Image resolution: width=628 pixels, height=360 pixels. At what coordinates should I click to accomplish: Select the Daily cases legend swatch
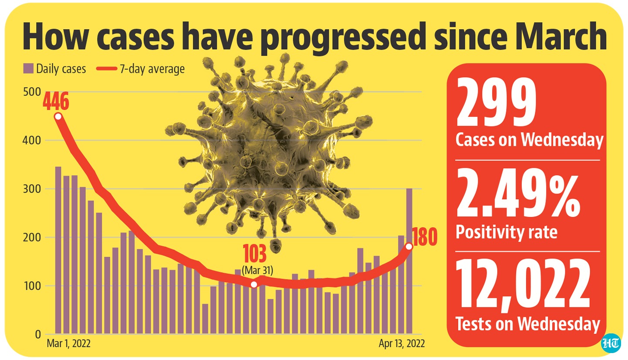click(x=29, y=68)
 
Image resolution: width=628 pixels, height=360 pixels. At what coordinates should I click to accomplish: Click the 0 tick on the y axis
click(x=38, y=335)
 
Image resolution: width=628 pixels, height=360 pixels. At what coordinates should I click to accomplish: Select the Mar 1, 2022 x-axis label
click(x=68, y=344)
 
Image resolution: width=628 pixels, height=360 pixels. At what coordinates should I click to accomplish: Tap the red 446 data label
click(x=56, y=103)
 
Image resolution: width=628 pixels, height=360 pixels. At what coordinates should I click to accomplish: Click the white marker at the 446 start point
click(x=58, y=117)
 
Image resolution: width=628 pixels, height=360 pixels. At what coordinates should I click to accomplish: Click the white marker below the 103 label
click(x=254, y=285)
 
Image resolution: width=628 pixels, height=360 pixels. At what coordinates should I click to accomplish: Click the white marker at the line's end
click(x=409, y=247)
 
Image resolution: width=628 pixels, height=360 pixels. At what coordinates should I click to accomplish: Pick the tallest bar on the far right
click(x=409, y=262)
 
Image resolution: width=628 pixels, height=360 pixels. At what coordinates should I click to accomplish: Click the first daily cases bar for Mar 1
click(x=58, y=251)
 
